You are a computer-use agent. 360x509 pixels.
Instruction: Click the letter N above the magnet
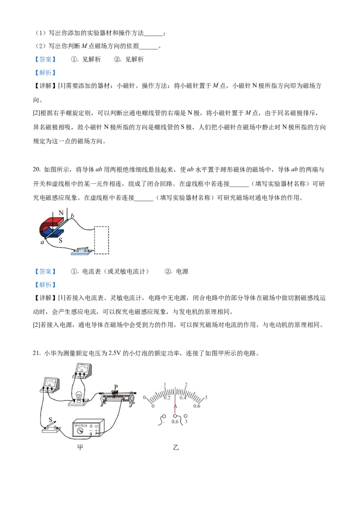(x=61, y=212)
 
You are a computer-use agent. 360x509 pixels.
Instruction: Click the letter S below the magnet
(x=60, y=241)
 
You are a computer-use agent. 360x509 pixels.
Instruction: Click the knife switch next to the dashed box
(x=83, y=250)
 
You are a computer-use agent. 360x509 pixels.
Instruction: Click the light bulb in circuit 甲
(x=80, y=396)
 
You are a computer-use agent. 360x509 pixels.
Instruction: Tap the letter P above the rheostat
(x=116, y=387)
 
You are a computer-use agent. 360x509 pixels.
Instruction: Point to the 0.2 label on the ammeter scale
(x=167, y=398)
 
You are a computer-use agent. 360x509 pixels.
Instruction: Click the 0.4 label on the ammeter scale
(x=183, y=398)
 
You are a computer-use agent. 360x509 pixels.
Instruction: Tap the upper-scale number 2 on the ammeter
(x=186, y=385)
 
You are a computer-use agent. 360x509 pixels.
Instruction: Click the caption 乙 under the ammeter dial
(x=175, y=448)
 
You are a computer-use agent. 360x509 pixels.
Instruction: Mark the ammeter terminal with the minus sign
(x=164, y=416)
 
